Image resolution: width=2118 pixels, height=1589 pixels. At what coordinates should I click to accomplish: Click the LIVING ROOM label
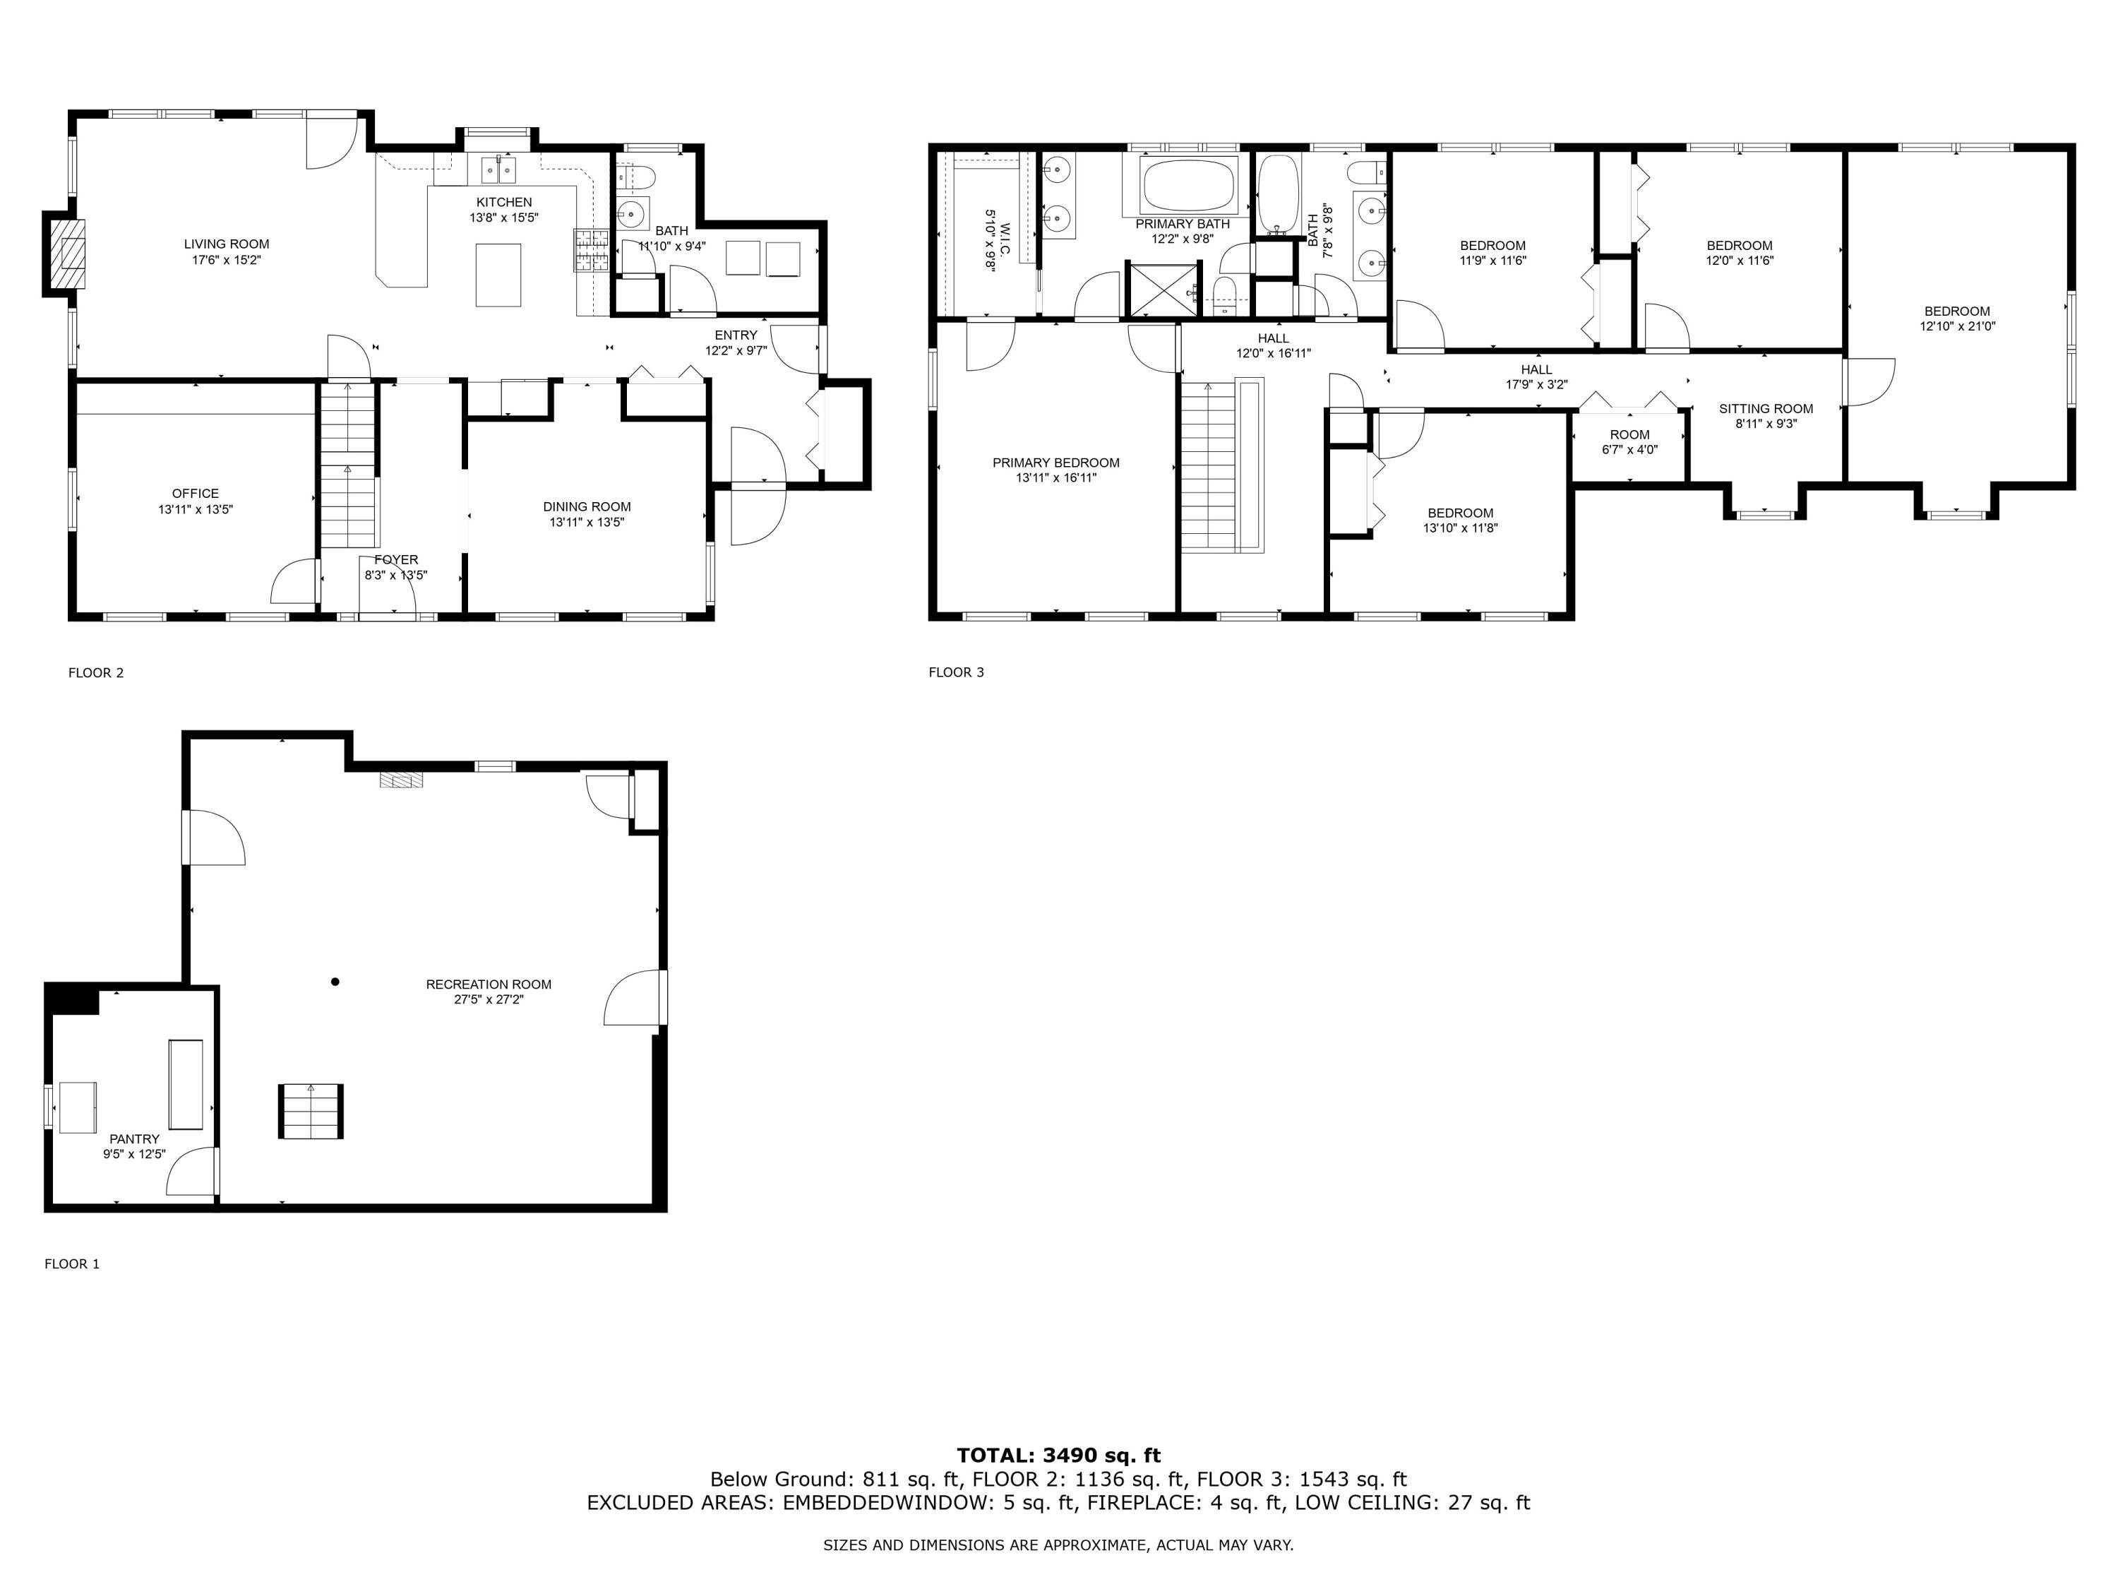[227, 244]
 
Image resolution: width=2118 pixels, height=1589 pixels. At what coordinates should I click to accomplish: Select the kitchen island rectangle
[499, 275]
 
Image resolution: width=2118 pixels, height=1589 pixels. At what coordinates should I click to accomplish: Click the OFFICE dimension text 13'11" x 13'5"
[196, 510]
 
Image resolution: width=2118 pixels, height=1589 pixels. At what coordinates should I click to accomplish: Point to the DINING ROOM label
[587, 506]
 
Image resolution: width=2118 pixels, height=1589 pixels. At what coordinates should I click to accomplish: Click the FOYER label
[395, 559]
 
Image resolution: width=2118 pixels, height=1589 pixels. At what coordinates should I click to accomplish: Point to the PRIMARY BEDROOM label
[1056, 463]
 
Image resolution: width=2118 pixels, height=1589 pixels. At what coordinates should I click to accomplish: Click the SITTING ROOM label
[1766, 408]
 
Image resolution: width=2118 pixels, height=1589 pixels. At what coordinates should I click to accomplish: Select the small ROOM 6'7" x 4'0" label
[1629, 441]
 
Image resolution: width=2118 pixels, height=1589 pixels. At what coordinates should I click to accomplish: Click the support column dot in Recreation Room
[335, 981]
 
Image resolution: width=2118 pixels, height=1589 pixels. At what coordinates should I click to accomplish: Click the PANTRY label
[134, 1139]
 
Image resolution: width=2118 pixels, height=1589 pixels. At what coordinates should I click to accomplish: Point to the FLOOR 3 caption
[956, 672]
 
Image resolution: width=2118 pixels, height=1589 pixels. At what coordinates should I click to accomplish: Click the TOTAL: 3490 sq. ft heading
[1058, 1456]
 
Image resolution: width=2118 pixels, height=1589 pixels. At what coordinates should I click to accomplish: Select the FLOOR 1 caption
[72, 1263]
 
